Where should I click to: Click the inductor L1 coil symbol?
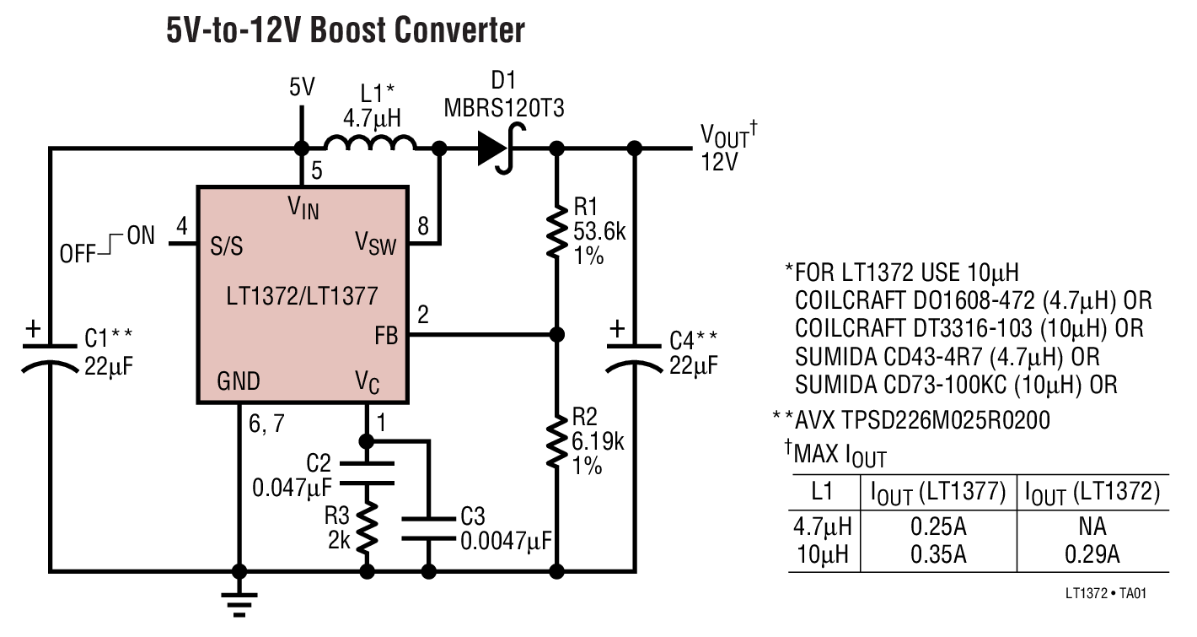pos(371,143)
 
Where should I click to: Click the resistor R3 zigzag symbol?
pos(368,526)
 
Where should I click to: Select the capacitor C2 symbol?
pos(368,472)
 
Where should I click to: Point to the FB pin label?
pos(386,335)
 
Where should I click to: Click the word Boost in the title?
pos(359,30)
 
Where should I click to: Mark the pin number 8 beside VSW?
pos(422,226)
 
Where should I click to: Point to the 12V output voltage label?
pos(719,161)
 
